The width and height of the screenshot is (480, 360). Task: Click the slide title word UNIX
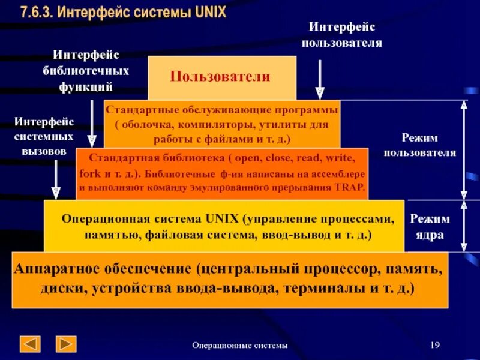[x=211, y=12]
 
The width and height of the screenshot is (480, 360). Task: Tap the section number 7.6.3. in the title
[x=37, y=12]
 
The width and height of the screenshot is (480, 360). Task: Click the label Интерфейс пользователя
[x=342, y=34]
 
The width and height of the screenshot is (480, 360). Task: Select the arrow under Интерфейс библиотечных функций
[x=92, y=124]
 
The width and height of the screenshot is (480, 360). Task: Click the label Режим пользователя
[x=419, y=145]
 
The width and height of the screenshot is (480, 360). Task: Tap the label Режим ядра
[x=429, y=226]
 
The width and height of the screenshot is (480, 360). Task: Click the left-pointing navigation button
[x=30, y=344]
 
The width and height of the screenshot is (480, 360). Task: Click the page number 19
[x=436, y=344]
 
